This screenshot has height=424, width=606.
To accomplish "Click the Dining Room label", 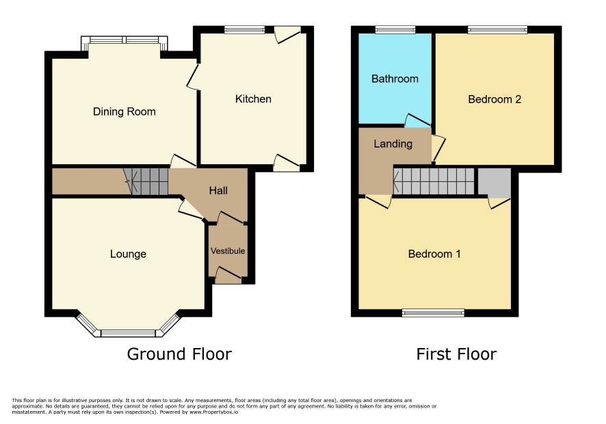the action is point(124,111).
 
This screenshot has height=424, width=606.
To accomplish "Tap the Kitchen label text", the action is point(253,99).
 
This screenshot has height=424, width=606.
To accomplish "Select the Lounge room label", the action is point(128,254).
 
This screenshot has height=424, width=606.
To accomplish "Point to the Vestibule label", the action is point(228,251).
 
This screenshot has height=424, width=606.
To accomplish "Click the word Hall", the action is point(218,190).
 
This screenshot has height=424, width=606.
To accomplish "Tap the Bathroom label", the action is point(395,79).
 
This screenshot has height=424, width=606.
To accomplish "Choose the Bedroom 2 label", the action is point(495,99).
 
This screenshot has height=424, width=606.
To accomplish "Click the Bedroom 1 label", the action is point(434,254).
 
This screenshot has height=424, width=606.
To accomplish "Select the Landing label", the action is point(393,144).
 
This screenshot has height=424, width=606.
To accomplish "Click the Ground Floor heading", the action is point(179,354).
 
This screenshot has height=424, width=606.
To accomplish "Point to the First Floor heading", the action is point(456,354).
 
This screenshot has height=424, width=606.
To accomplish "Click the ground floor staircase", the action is point(146,181).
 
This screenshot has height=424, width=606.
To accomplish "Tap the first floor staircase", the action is point(434,181).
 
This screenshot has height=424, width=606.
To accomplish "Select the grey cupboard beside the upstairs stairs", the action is point(495,181).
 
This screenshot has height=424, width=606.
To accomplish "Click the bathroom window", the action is point(395,29).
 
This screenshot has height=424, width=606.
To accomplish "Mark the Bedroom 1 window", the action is point(433,313).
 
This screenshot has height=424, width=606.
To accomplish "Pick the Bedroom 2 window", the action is point(497,29).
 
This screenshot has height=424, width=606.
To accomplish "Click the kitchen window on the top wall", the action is point(245,29).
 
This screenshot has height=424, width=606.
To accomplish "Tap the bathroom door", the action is point(417,120).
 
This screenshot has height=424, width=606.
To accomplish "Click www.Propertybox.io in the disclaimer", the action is point(213,412).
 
